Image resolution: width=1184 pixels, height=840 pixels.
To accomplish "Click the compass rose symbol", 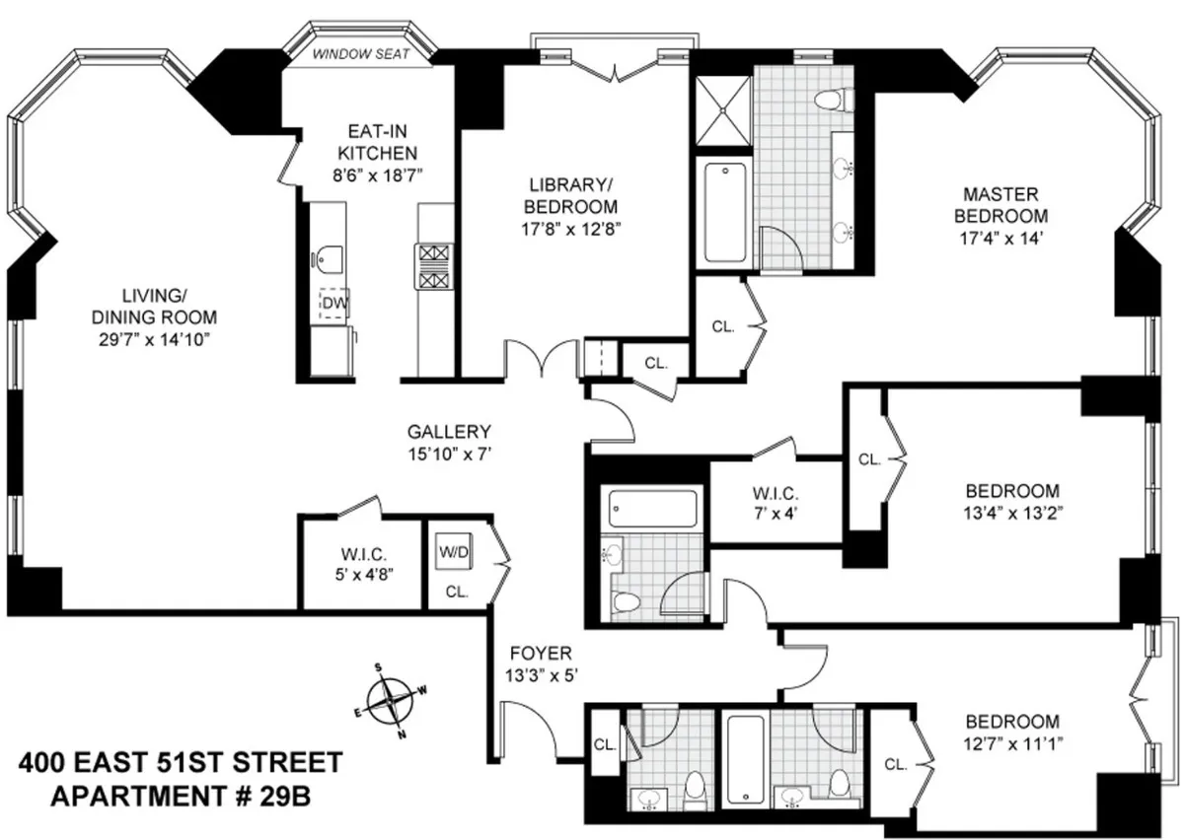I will coord(392,702).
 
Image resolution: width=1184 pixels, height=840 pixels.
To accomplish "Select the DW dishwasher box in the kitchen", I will coord(334,303).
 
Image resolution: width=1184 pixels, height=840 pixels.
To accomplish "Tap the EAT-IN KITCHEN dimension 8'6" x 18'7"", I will coord(377,175).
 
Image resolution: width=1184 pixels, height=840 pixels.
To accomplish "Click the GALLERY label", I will coord(449,432).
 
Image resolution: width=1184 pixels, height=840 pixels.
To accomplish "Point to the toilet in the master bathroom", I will coord(839,99).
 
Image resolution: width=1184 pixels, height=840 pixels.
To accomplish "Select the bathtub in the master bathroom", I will coord(724,212).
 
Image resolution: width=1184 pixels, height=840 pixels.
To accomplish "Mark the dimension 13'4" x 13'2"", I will coord(1012,512).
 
